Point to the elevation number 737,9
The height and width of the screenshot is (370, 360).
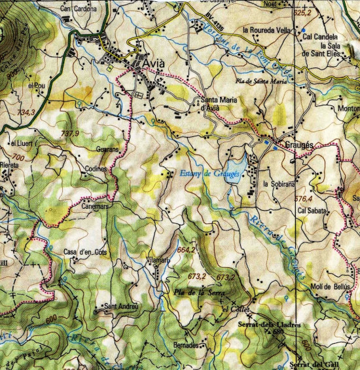click(69, 134)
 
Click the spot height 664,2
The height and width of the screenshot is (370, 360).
click(187, 249)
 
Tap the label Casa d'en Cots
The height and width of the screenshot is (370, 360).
click(85, 252)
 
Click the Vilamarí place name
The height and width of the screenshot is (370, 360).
click(157, 261)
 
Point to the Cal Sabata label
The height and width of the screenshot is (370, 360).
click(311, 211)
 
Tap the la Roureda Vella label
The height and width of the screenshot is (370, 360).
click(266, 30)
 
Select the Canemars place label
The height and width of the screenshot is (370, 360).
click(94, 206)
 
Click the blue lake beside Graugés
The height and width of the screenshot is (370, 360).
click(236, 163)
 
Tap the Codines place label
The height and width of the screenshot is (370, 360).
click(96, 168)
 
